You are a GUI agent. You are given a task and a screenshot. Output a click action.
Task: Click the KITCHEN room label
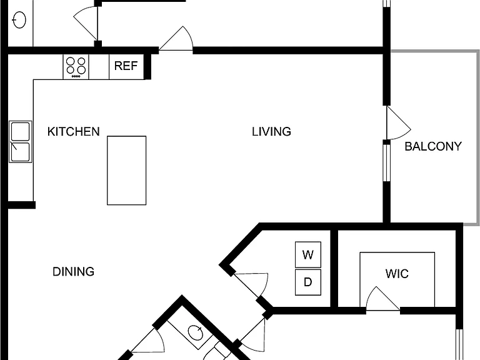click(74, 132)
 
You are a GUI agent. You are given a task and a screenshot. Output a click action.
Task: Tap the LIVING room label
click(271, 132)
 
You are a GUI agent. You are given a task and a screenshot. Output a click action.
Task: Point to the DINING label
click(74, 271)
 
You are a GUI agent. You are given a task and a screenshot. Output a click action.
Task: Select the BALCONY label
click(433, 146)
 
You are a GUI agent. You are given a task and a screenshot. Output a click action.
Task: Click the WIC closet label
click(397, 274)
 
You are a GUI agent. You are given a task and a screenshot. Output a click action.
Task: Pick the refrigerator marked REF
click(126, 67)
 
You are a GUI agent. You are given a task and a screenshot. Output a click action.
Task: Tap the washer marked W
click(308, 254)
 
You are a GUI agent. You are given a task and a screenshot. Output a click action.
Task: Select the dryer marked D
click(308, 282)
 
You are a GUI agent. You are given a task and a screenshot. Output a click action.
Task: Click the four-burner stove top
click(76, 67)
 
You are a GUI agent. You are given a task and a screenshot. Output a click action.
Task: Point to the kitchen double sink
click(21, 141)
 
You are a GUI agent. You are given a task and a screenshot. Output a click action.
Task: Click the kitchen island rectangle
click(126, 171)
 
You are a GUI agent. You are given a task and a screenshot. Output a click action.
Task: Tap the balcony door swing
click(398, 122)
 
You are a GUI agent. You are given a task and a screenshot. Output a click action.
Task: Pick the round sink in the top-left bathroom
click(19, 20)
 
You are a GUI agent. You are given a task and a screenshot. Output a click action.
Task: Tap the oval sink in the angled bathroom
click(195, 332)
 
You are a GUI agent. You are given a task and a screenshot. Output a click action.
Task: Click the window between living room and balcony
click(387, 163)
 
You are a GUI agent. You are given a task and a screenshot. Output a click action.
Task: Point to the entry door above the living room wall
click(176, 39)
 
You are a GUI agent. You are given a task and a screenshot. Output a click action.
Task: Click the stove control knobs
click(76, 76)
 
